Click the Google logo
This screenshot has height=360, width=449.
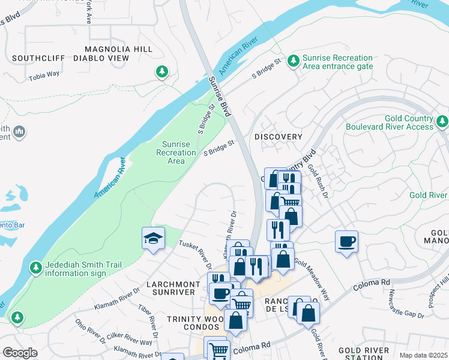(x=20, y=353)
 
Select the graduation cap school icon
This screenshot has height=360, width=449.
(x=153, y=239)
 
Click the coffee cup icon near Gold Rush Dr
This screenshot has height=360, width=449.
(x=346, y=242)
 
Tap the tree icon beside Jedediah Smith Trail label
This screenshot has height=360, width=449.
(x=36, y=266)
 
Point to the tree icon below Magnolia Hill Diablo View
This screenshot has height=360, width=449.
(x=161, y=72)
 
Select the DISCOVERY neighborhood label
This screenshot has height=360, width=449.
(x=279, y=137)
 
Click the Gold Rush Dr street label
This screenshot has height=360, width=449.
(x=319, y=181)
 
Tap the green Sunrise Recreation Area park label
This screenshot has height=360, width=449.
(x=176, y=152)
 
